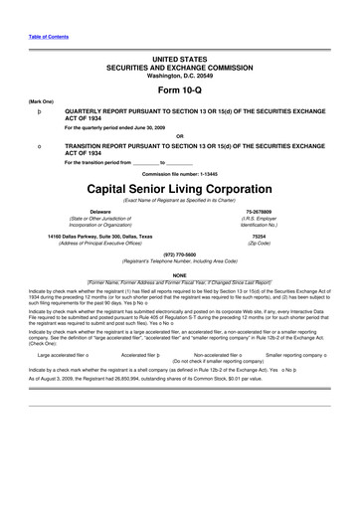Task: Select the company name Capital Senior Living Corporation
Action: click(x=179, y=188)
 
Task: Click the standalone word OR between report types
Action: click(x=179, y=136)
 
